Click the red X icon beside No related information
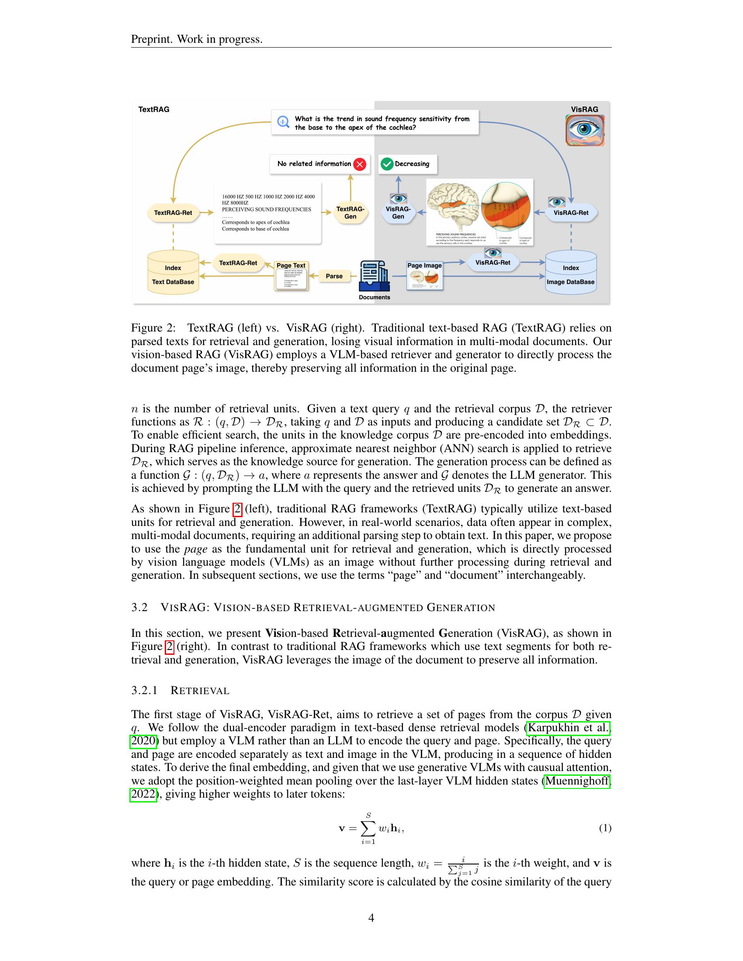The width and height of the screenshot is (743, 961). pyautogui.click(x=360, y=165)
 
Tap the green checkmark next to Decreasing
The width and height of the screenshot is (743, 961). pyautogui.click(x=387, y=164)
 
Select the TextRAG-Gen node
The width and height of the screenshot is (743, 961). pyautogui.click(x=351, y=213)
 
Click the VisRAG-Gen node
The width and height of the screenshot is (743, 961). pyautogui.click(x=398, y=213)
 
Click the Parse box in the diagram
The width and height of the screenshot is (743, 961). pyautogui.click(x=334, y=276)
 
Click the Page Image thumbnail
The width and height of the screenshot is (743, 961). pyautogui.click(x=424, y=277)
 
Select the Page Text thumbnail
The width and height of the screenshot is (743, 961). pyautogui.click(x=291, y=277)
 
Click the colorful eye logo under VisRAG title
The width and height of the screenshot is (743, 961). pyautogui.click(x=584, y=130)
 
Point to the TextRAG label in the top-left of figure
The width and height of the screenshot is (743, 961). pyautogui.click(x=153, y=110)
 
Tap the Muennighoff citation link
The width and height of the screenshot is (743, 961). pyautogui.click(x=576, y=781)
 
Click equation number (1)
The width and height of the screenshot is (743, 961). pyautogui.click(x=605, y=828)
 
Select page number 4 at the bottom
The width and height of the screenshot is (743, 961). pyautogui.click(x=371, y=917)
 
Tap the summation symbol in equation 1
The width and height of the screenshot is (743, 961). pyautogui.click(x=368, y=828)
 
